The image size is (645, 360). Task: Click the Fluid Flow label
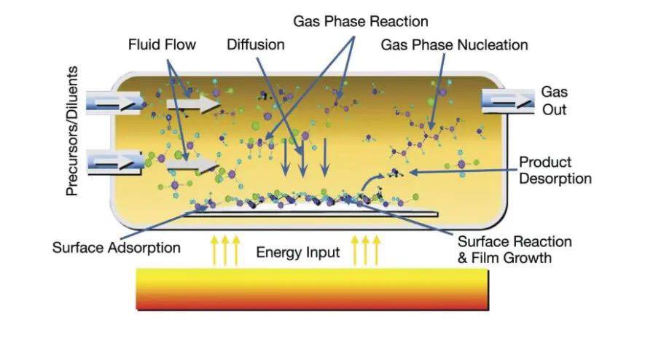pos(162,44)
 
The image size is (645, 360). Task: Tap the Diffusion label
pos(254,44)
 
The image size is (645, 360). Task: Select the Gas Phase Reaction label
pos(361,20)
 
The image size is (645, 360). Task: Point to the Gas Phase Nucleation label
pos(454,44)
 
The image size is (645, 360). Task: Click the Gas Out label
pos(553,101)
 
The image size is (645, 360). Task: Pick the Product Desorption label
pos(555,170)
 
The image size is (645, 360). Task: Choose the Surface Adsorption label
pos(116,247)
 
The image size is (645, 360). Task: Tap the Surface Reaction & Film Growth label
pos(514,249)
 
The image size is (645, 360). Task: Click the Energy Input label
pos(297,253)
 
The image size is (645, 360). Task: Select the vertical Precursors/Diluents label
pos(72,131)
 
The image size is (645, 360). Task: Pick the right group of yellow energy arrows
pos(366,249)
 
